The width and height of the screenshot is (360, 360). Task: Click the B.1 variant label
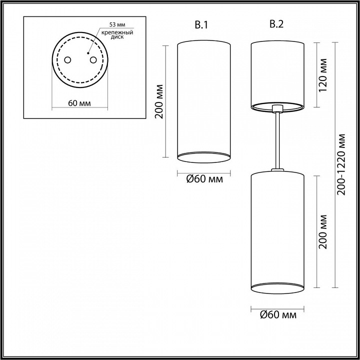201,25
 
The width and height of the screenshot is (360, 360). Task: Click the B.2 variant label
276,24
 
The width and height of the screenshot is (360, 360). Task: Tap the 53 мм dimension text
117,24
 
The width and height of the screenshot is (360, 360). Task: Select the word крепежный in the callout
117,32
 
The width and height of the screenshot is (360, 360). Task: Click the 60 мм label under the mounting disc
79,103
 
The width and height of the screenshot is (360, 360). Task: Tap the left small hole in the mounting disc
67,60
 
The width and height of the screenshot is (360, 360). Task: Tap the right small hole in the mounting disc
93,60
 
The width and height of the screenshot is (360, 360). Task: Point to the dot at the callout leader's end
88,53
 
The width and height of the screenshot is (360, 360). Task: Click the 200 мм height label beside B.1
159,101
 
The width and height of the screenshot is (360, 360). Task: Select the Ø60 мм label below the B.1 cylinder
204,179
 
